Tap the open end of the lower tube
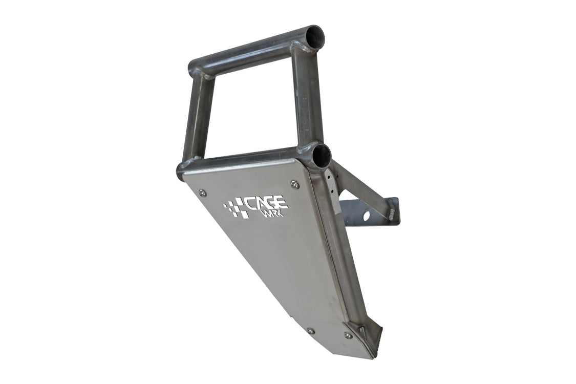(x=319, y=156)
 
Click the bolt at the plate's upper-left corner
(x=202, y=193)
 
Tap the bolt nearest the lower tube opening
(x=295, y=184)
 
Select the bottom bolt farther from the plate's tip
(x=310, y=331)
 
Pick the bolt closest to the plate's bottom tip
(x=348, y=335)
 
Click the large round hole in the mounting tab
(x=367, y=216)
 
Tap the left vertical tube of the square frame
(x=198, y=118)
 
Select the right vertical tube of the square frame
(x=305, y=97)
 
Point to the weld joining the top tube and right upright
(x=305, y=49)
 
